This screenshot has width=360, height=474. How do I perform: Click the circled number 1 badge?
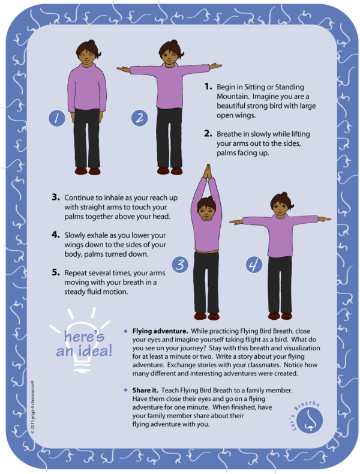[x=57, y=118]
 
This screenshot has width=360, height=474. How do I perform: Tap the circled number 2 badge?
[x=139, y=118]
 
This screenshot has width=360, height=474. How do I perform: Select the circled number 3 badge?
[x=180, y=265]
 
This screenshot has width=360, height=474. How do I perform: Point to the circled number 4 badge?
[x=254, y=265]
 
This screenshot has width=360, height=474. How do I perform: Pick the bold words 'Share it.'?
[x=148, y=391]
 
